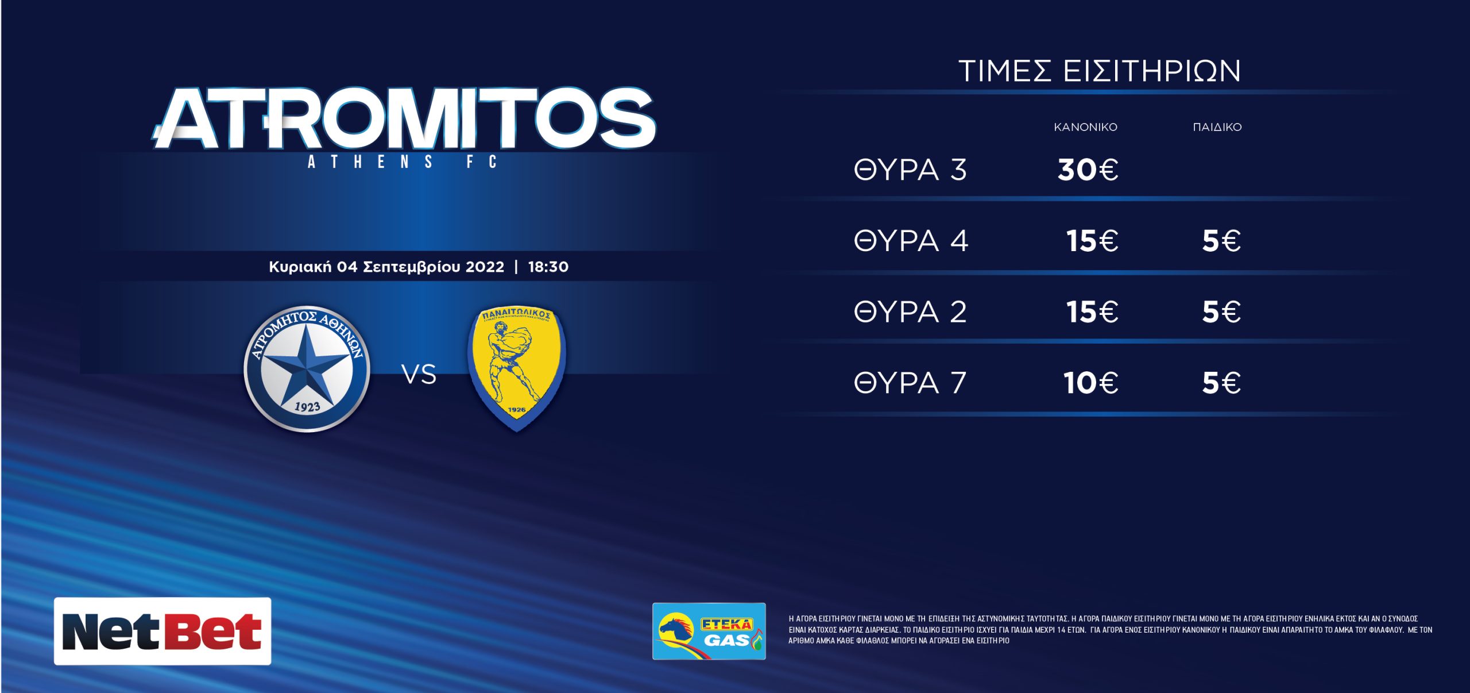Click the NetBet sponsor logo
click(163, 631)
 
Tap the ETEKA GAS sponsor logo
click(709, 631)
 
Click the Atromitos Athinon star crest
click(307, 368)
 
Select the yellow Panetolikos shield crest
click(517, 368)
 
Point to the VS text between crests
click(419, 375)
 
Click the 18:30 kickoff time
click(548, 267)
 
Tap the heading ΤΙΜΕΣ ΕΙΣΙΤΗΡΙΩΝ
click(1100, 71)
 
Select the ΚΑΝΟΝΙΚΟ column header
click(1085, 127)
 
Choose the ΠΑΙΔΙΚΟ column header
click(1217, 127)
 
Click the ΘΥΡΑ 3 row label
click(911, 170)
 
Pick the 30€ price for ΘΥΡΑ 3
click(1088, 170)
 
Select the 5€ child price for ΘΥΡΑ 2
click(1222, 312)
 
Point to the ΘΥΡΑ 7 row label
click(911, 383)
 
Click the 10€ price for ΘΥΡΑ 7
click(1091, 383)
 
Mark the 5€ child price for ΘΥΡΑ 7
click(1222, 383)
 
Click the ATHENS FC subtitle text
click(402, 162)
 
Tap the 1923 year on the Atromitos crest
click(307, 407)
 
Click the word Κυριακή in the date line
click(300, 267)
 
